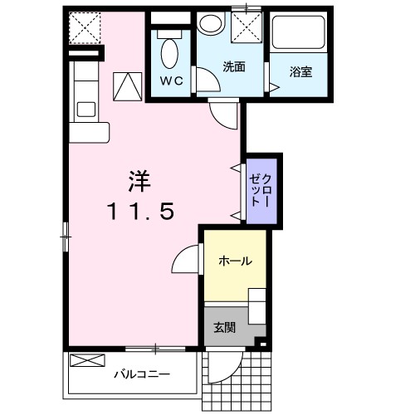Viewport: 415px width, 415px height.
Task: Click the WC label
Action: point(172,81)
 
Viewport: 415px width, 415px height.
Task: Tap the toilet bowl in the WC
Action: point(169,54)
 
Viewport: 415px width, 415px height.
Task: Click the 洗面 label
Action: point(234,66)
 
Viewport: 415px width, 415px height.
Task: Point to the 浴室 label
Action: point(301,71)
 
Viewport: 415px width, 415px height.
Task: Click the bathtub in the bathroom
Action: point(298,32)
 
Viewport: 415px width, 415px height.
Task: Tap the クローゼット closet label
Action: point(259,190)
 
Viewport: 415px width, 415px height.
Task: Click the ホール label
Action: point(236,261)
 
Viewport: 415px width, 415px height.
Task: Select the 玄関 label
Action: point(224,328)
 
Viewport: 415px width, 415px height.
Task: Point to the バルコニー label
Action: point(142,375)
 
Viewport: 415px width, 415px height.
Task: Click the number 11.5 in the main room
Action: point(142,212)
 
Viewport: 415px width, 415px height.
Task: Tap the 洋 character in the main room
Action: point(139,182)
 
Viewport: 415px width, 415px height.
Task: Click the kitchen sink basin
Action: point(86,110)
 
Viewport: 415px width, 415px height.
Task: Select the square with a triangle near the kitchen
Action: point(128,86)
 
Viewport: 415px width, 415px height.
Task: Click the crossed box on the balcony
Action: point(87,360)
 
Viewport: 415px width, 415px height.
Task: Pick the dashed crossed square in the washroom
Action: point(247,27)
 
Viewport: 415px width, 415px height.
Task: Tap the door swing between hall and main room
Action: point(186,258)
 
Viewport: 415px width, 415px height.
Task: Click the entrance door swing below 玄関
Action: point(225,367)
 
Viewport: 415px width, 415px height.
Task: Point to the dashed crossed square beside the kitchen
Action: point(85,27)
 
